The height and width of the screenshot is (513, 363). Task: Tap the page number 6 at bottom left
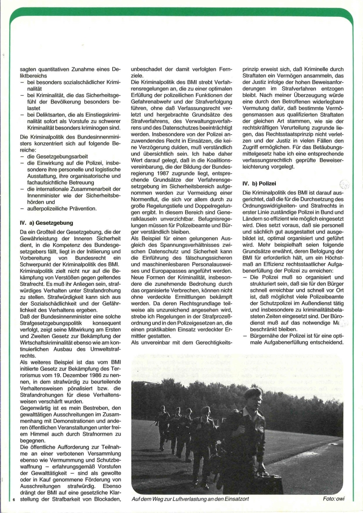(14, 499)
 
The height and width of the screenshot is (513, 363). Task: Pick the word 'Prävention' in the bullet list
(81, 208)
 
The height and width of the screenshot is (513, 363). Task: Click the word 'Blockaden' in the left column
(107, 499)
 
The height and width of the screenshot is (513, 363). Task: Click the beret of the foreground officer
(252, 392)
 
